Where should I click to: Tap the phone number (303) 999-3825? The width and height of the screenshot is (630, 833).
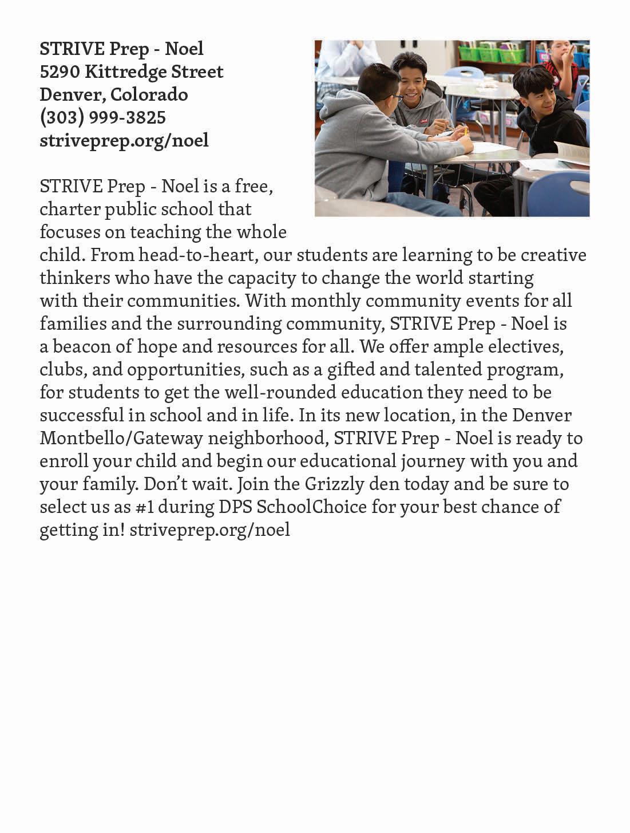(102, 117)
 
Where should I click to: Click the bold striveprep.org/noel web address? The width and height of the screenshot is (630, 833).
(124, 140)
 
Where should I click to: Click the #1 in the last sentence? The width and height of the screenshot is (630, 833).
(167, 507)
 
